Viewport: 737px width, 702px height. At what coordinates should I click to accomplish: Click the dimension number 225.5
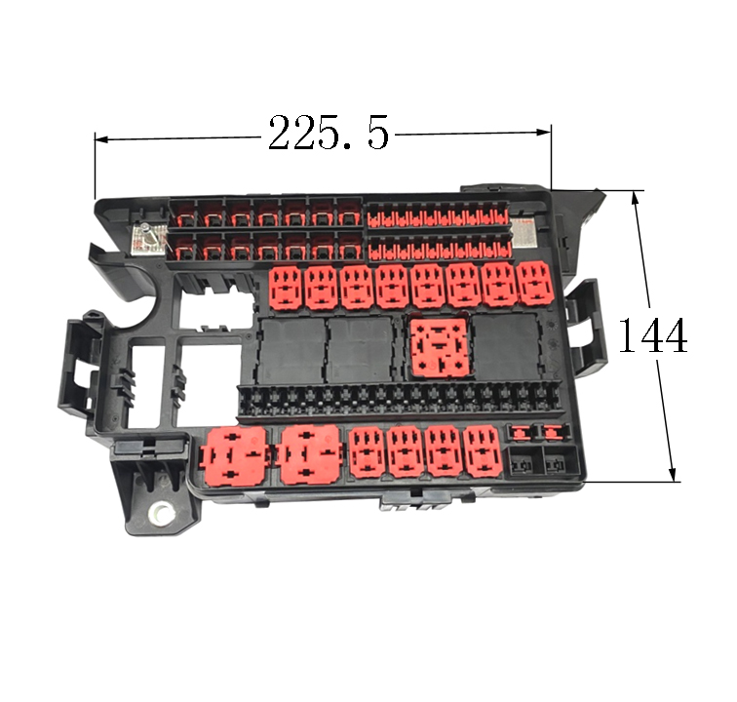[x=329, y=133]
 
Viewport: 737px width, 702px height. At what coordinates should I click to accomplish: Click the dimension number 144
[x=652, y=334]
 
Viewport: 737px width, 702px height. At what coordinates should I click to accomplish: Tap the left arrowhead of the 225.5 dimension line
[x=102, y=139]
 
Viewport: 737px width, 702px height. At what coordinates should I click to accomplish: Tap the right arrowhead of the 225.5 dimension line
[x=544, y=133]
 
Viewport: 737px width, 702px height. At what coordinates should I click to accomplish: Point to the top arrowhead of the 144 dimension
[x=636, y=198]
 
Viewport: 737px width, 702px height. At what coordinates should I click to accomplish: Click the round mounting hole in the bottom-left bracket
[x=161, y=513]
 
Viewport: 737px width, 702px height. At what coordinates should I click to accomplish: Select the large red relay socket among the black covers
[x=440, y=348]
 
